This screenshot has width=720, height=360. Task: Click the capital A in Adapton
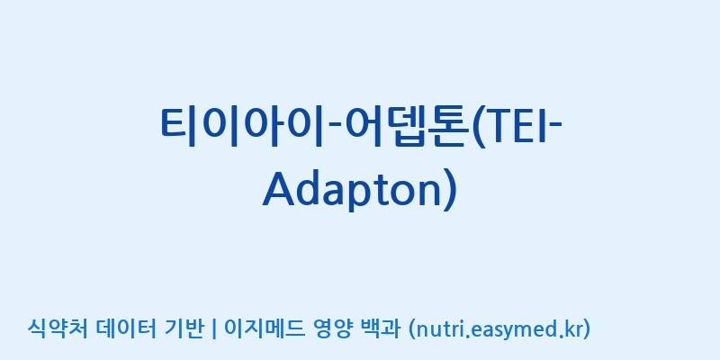pyautogui.click(x=281, y=189)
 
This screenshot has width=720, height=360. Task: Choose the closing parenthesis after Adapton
pyautogui.click(x=451, y=191)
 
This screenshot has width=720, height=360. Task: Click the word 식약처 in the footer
pyautogui.click(x=58, y=328)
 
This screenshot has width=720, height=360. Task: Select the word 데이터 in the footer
pyautogui.click(x=127, y=328)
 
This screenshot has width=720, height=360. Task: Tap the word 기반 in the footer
pyautogui.click(x=184, y=328)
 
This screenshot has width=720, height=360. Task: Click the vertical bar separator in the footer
pyautogui.click(x=213, y=329)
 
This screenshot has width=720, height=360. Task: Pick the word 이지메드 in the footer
pyautogui.click(x=263, y=328)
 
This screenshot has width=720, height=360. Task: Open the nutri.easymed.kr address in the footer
pyautogui.click(x=499, y=329)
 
